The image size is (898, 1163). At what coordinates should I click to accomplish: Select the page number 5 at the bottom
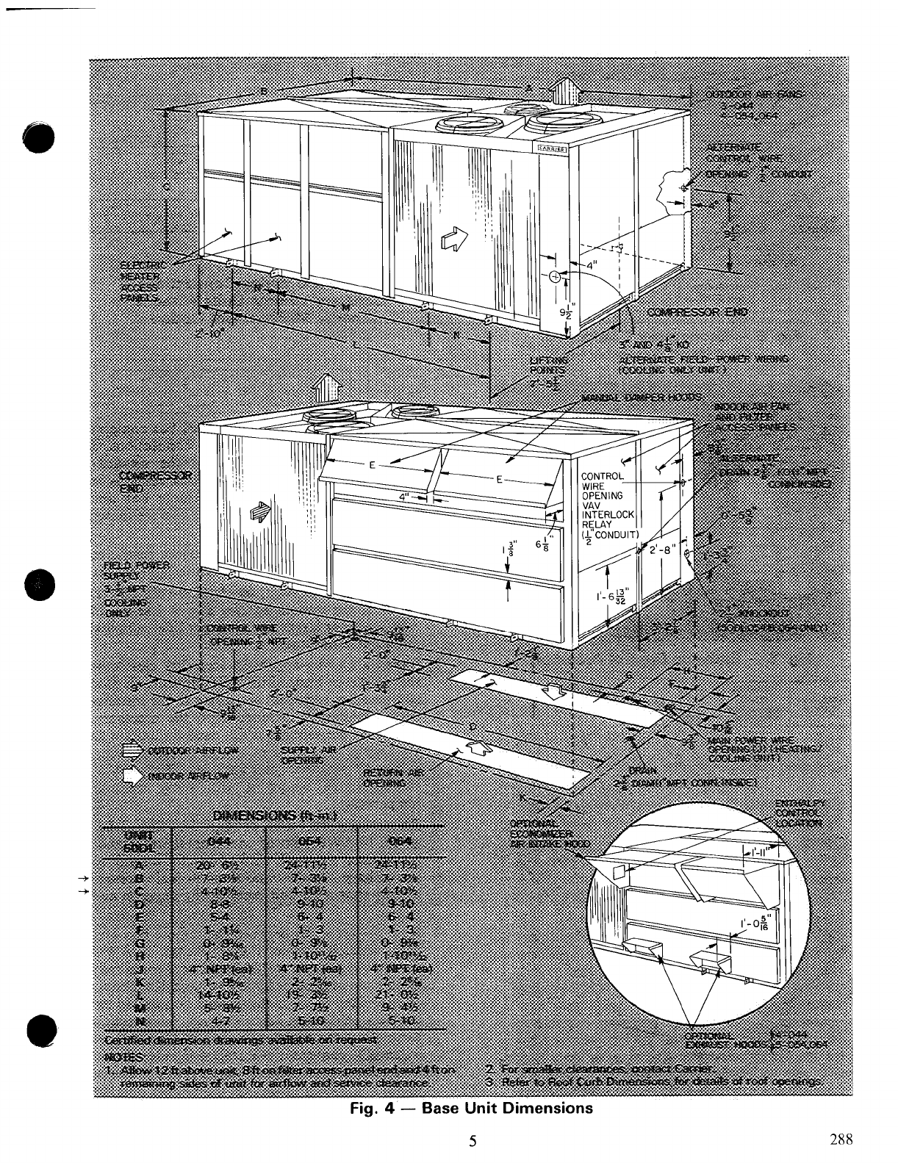473,1141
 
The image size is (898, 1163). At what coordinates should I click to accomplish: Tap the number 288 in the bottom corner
841,1139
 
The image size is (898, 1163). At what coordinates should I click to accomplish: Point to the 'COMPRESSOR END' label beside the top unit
697,312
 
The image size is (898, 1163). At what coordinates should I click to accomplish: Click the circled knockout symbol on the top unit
554,276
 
